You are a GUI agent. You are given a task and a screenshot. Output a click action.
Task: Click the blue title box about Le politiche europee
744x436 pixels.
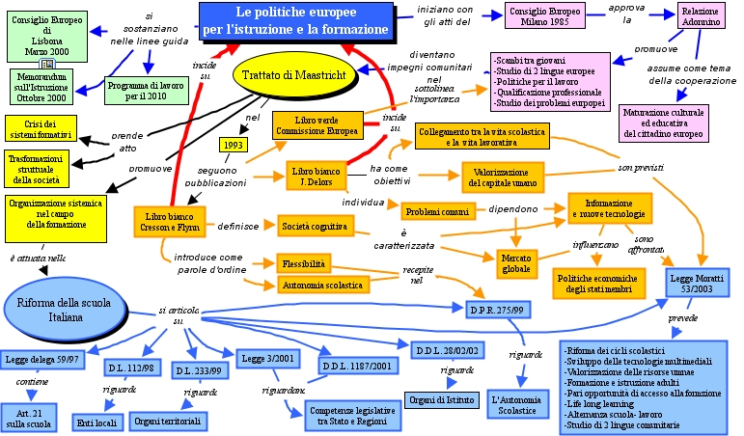pos(297,20)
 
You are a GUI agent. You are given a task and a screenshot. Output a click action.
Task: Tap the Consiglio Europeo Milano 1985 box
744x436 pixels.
pos(543,18)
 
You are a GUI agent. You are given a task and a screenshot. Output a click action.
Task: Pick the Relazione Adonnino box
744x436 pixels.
pos(687,18)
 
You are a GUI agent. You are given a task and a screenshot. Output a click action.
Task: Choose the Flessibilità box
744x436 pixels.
pos(303,262)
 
